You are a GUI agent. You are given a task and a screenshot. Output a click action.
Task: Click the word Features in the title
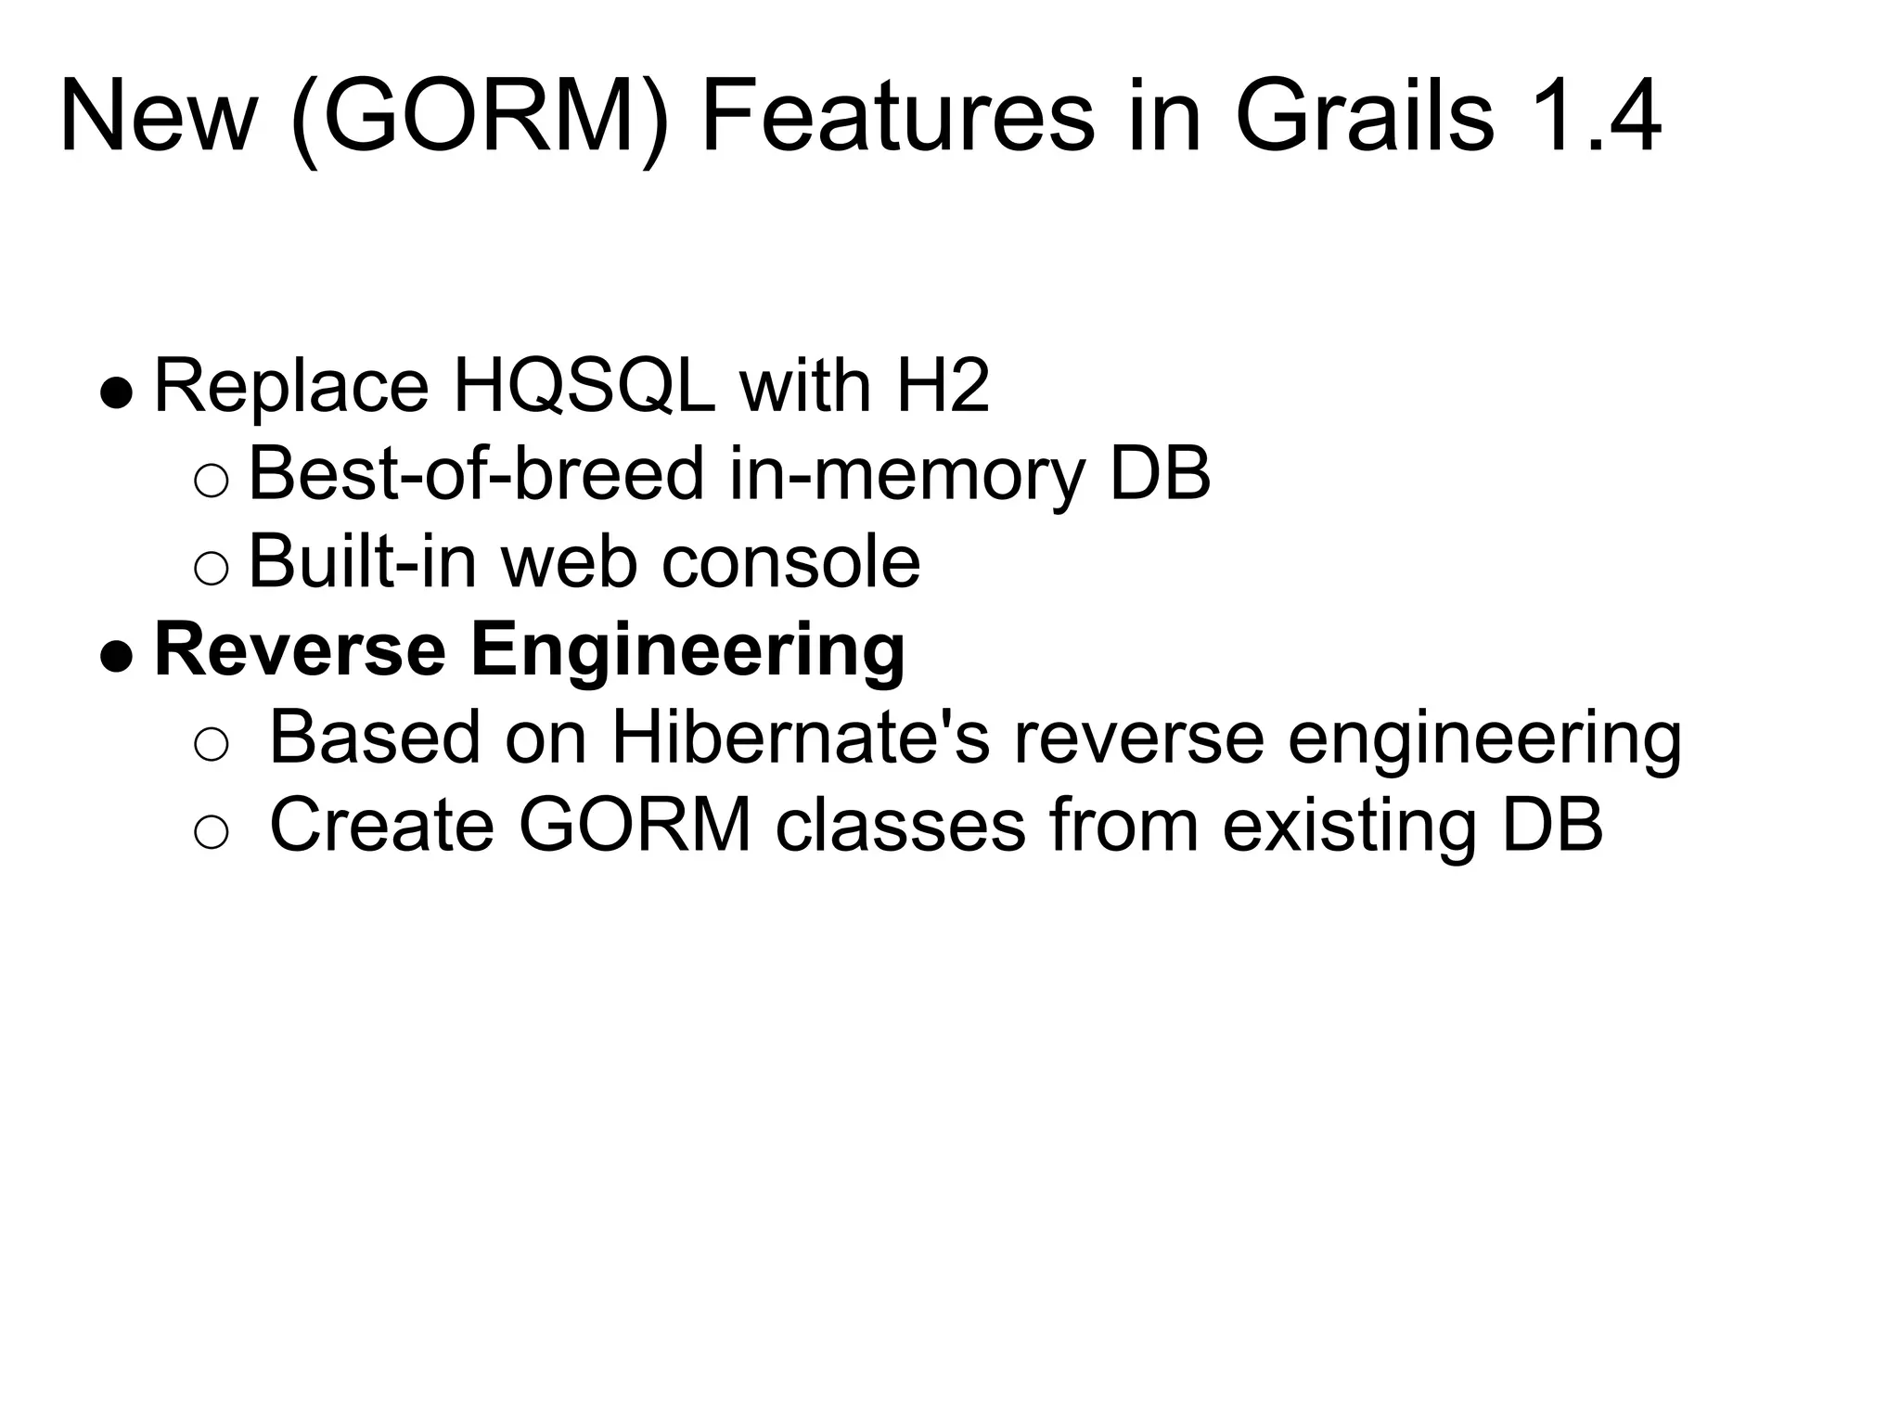coord(897,118)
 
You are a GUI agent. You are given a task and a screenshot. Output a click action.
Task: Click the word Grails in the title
coord(1363,118)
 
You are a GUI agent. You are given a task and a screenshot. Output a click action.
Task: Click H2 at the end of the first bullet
coord(943,386)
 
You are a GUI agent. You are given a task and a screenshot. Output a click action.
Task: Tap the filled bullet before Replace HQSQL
coord(117,392)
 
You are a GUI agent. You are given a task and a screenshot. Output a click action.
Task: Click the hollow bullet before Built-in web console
coord(211,569)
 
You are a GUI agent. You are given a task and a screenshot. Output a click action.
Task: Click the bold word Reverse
coord(300,650)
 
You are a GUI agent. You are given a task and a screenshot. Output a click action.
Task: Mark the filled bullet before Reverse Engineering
coord(117,657)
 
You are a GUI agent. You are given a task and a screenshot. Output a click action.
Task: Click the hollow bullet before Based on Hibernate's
coord(211,745)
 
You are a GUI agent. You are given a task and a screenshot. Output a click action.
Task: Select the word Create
coord(381,825)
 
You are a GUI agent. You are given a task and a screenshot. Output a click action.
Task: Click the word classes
coord(900,825)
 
